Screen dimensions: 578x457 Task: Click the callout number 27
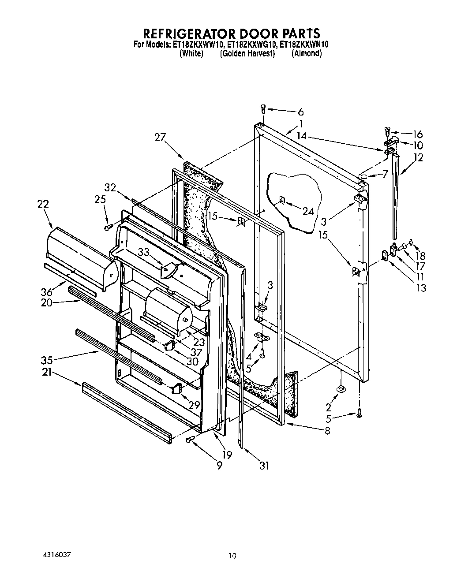[x=160, y=137]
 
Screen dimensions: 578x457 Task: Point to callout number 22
[x=43, y=204]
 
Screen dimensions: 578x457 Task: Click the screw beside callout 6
[x=263, y=107]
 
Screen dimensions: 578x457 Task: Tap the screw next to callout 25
[x=107, y=227]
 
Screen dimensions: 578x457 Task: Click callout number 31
[x=264, y=465]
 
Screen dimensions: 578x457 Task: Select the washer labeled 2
[x=341, y=388]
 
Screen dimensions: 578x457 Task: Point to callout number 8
[x=327, y=431]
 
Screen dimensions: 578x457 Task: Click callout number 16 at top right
[x=417, y=134]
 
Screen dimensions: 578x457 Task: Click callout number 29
[x=195, y=405]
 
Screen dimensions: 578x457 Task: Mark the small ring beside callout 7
[x=364, y=176]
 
